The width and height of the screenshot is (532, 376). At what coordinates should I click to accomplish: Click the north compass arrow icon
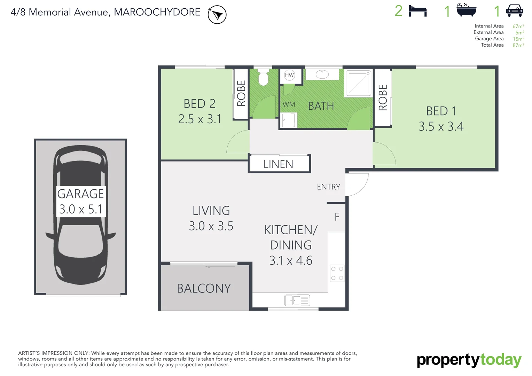point(217,15)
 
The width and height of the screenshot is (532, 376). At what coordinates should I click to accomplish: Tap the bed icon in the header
point(417,11)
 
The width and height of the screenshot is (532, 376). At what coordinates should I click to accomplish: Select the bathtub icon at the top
point(466,10)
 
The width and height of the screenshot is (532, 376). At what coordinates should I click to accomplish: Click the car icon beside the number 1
point(514,11)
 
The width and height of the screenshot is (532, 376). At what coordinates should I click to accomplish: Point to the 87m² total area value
point(518,45)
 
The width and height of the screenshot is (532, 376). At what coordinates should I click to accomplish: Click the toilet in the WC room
point(263,78)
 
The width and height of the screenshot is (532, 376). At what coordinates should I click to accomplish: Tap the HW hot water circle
point(289,75)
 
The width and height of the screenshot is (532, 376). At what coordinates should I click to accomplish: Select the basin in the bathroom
point(322,74)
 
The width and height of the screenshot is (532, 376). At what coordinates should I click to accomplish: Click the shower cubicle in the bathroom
point(358,84)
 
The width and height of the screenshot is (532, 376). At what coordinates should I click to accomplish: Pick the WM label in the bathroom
point(289,104)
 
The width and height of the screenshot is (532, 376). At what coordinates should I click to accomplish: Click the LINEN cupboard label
point(278,164)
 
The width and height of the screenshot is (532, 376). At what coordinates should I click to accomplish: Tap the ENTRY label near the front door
point(328,187)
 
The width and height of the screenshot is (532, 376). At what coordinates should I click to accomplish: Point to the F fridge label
point(337,217)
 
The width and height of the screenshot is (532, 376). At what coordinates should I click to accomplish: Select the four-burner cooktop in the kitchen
point(337,273)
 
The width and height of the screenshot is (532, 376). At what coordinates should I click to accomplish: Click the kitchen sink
point(297,300)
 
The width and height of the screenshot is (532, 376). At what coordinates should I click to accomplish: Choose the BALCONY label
point(204,288)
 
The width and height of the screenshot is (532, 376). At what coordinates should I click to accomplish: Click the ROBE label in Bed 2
point(241,93)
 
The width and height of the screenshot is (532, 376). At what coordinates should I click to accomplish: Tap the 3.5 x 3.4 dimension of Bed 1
point(441,126)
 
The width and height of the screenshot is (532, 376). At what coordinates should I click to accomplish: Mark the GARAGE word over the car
point(80,194)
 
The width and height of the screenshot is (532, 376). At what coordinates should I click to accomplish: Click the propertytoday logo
point(469,361)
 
